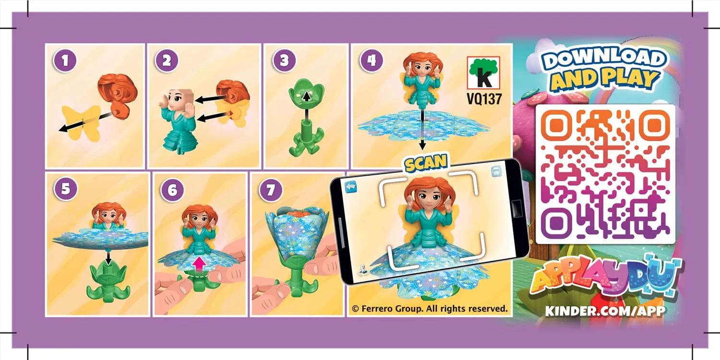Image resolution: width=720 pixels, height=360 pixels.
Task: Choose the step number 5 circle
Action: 65,189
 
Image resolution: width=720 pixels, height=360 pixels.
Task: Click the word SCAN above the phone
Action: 425,164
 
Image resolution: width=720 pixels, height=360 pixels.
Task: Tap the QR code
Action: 605,174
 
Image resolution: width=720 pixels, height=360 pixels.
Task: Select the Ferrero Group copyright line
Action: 429,309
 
